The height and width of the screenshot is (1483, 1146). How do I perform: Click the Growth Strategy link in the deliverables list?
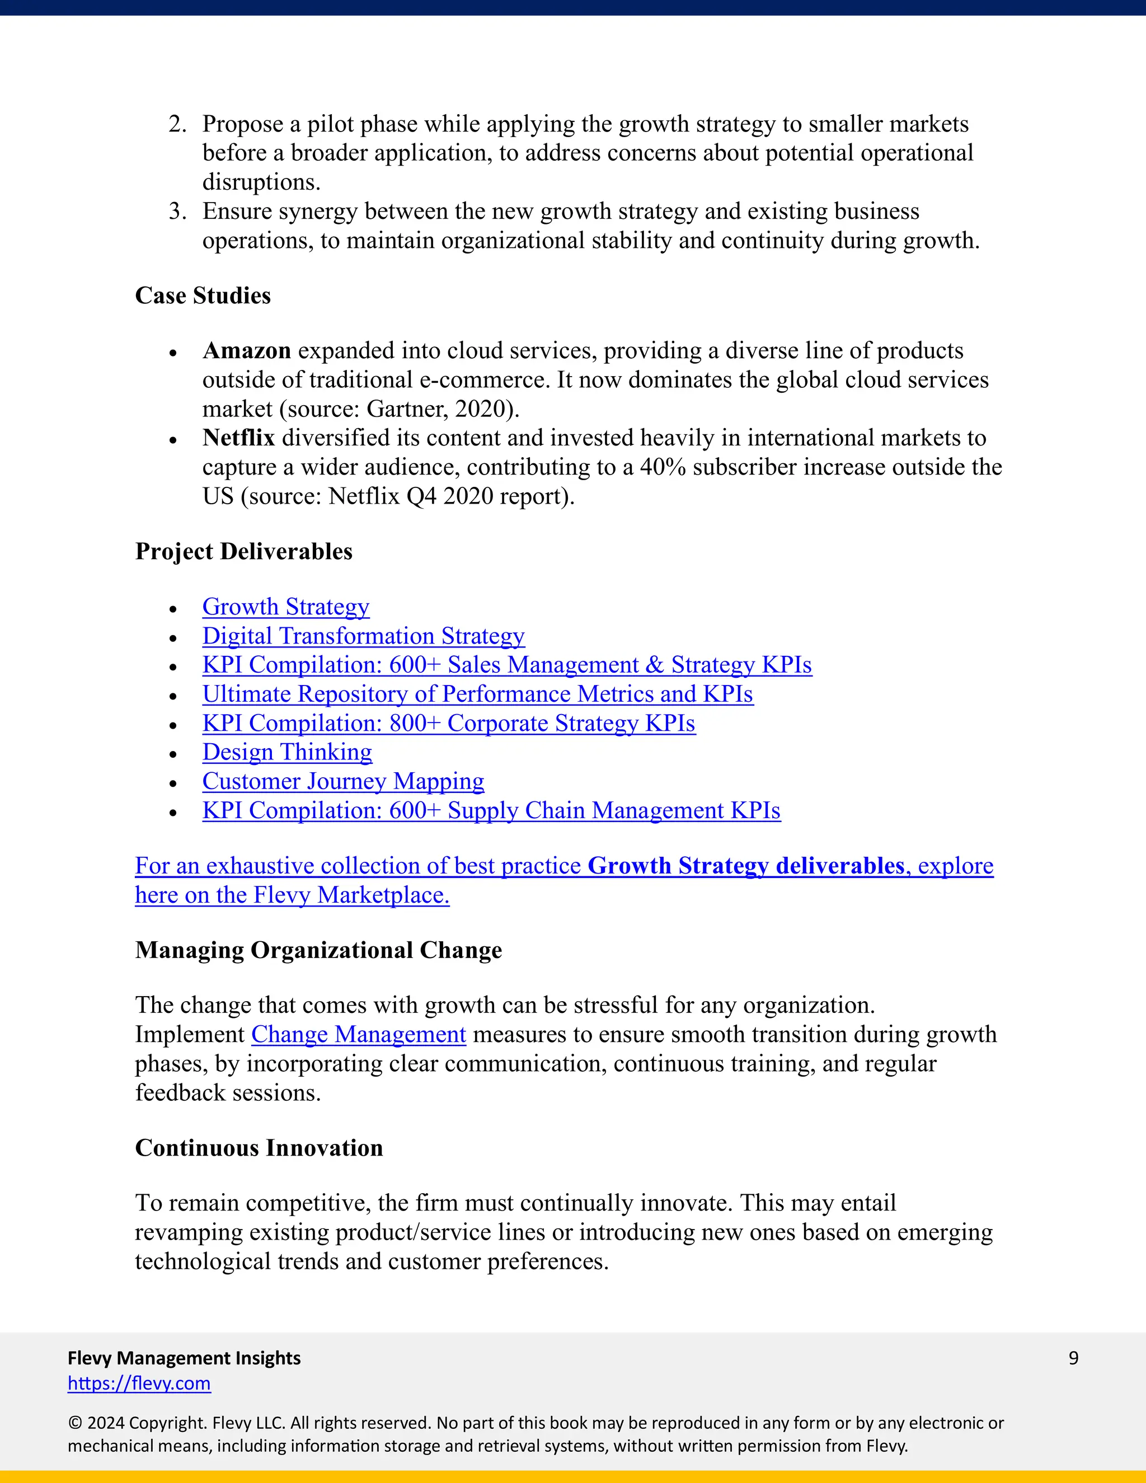click(x=285, y=607)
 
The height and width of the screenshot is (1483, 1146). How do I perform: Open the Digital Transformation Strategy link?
click(x=363, y=636)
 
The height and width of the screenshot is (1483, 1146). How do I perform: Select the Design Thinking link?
click(x=286, y=752)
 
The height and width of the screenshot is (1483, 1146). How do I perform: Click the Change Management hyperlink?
click(x=359, y=1034)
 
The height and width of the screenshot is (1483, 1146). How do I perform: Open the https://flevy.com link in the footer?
click(x=139, y=1383)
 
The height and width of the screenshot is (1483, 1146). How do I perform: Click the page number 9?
click(x=1073, y=1358)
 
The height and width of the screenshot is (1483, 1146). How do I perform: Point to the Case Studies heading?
click(x=203, y=295)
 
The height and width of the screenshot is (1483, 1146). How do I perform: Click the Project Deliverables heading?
click(x=244, y=551)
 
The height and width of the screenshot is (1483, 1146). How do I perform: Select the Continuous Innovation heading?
click(x=259, y=1148)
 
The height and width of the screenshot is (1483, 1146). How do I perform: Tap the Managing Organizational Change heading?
click(x=318, y=950)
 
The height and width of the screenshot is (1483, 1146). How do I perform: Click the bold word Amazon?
click(x=246, y=350)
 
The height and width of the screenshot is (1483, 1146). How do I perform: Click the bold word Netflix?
click(x=238, y=437)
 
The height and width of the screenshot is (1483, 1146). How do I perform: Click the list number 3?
click(x=176, y=211)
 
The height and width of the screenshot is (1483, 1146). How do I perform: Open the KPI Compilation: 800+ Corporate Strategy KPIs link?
click(x=448, y=723)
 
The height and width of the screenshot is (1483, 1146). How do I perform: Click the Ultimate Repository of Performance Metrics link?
click(x=477, y=694)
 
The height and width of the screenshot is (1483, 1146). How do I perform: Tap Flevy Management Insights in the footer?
click(x=184, y=1358)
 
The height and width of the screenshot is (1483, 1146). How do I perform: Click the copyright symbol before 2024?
click(x=74, y=1423)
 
